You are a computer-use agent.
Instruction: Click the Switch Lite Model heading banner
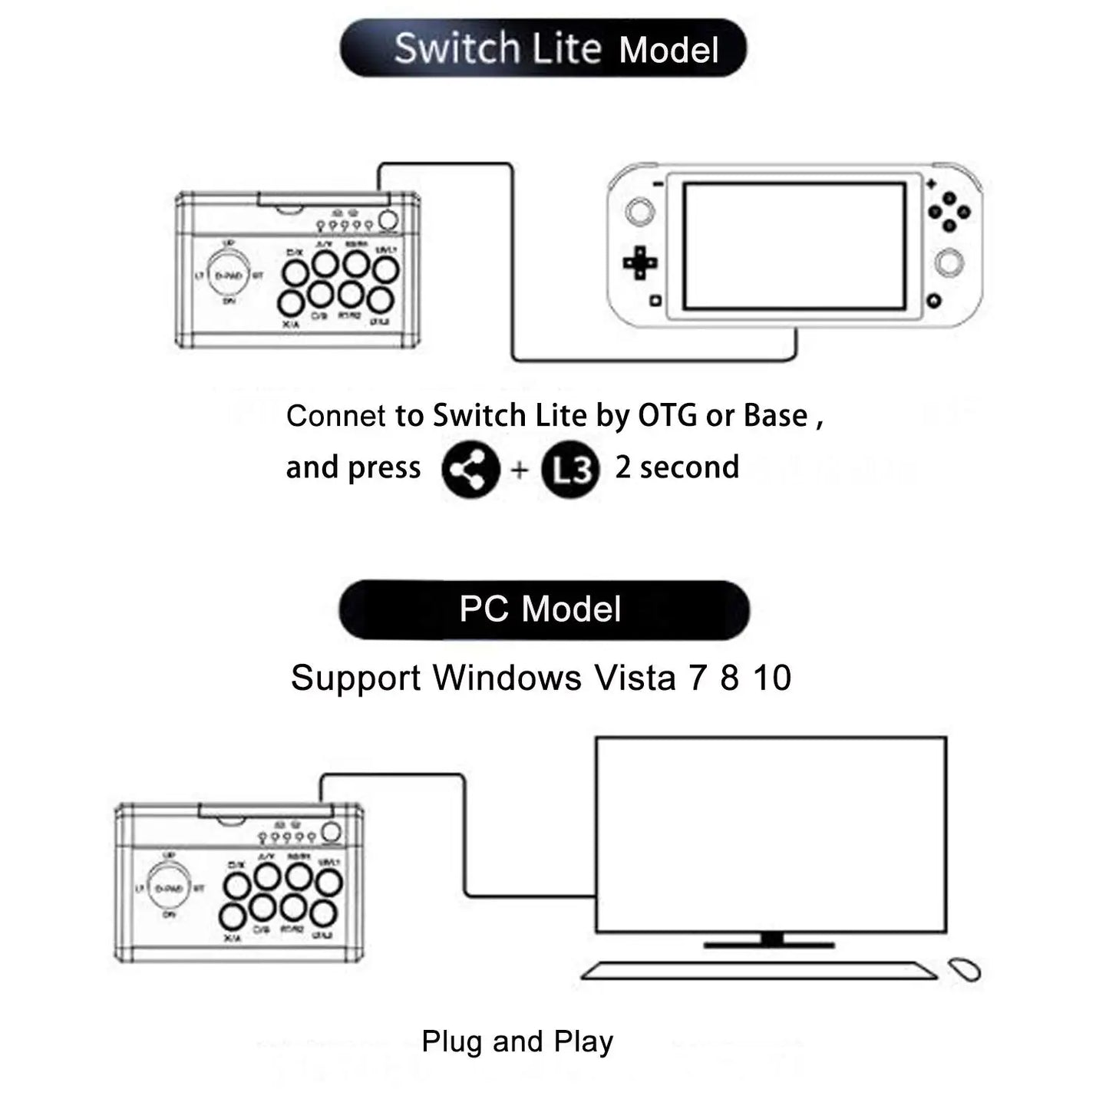tap(543, 48)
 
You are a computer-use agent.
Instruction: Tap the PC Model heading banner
tap(543, 609)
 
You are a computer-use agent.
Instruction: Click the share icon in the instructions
tap(470, 470)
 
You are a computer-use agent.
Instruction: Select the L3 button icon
tap(570, 470)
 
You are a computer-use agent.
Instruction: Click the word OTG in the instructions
tap(668, 415)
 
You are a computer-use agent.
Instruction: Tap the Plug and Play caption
tap(517, 1041)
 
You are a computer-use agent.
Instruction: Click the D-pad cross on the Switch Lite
tap(640, 263)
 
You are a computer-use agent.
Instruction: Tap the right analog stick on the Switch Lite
tap(949, 263)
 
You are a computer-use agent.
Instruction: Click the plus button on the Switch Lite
tap(931, 184)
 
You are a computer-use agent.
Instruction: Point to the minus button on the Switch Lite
tap(658, 184)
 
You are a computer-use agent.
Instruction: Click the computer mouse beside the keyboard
tap(965, 969)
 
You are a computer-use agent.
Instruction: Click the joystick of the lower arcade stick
tap(169, 888)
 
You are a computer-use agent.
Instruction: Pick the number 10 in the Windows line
tap(771, 678)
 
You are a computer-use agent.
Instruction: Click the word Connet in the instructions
tap(336, 416)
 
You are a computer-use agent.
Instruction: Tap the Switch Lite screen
tap(794, 246)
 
